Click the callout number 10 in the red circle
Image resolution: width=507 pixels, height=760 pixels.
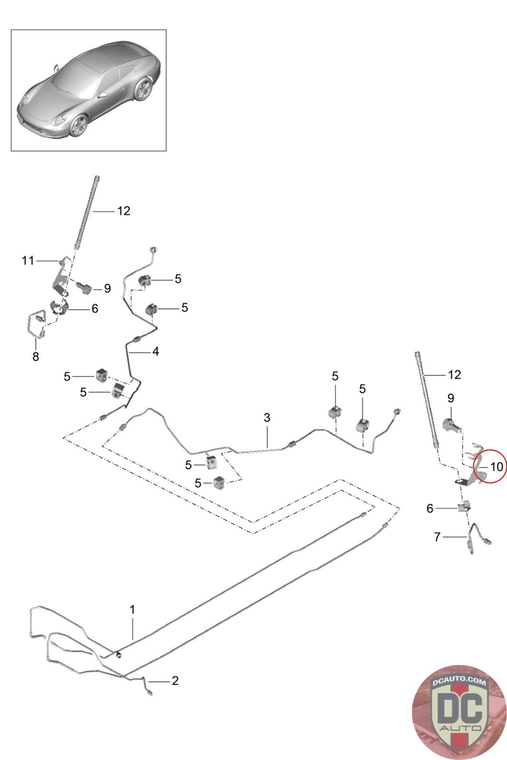(x=497, y=467)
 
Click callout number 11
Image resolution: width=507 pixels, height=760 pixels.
(x=28, y=261)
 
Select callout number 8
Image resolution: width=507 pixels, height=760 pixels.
(x=36, y=357)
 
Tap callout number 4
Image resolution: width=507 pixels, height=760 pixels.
(x=155, y=351)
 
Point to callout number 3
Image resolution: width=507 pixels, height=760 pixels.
(x=267, y=418)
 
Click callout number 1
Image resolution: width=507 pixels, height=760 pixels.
(x=133, y=610)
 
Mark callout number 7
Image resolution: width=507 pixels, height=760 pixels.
(x=437, y=537)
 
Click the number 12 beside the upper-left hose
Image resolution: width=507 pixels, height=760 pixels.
(x=124, y=211)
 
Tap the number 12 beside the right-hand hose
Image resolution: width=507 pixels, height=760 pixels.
(x=454, y=375)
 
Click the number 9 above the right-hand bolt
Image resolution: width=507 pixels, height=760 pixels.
(x=450, y=398)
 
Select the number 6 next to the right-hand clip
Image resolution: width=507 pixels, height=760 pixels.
(x=430, y=508)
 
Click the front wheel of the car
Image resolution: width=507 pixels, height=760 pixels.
(x=79, y=125)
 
